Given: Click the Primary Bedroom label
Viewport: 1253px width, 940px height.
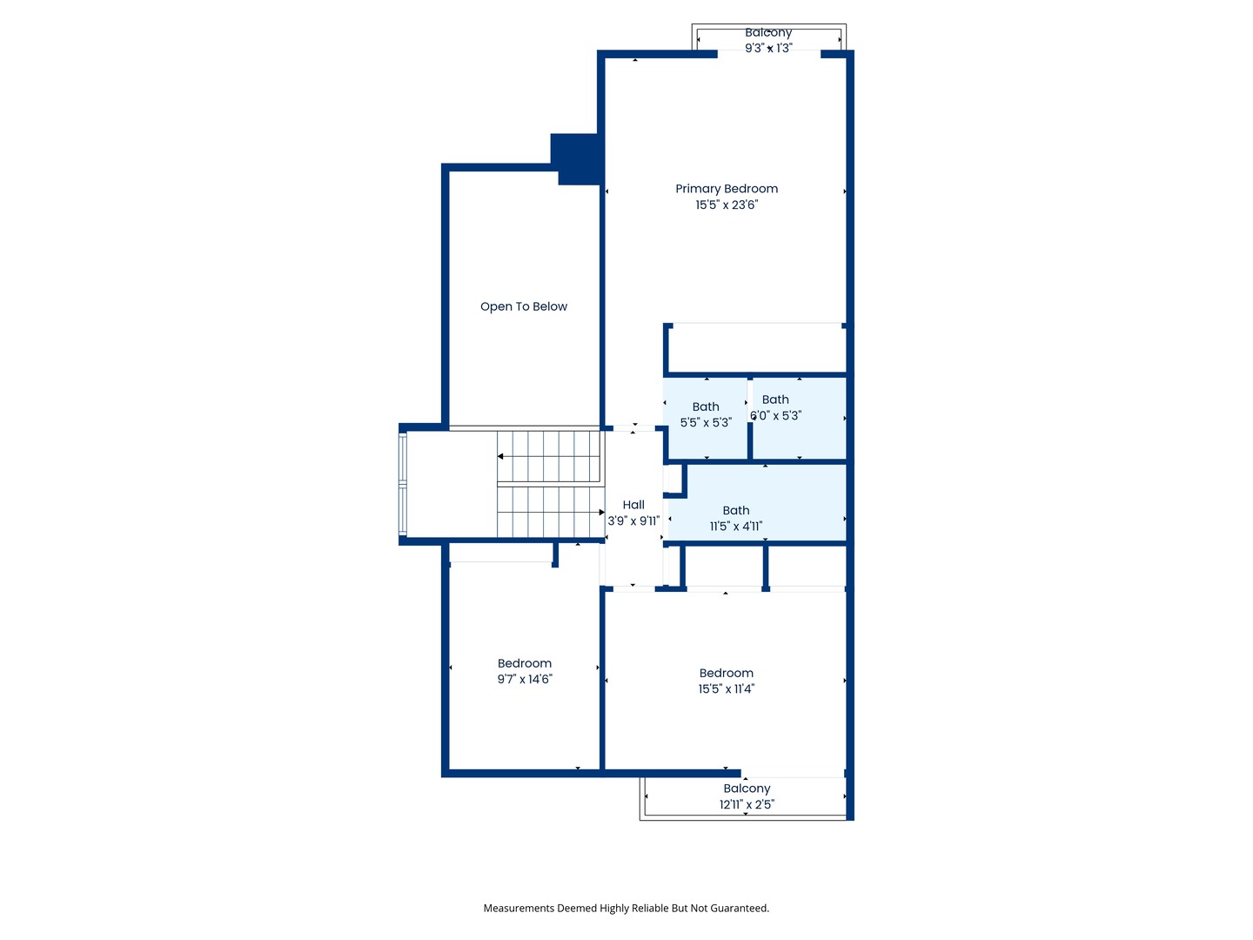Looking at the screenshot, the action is click(x=726, y=188).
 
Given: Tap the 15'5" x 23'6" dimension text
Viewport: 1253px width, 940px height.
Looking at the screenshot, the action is click(x=726, y=205).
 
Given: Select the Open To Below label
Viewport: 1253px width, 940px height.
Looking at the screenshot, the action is click(x=524, y=306).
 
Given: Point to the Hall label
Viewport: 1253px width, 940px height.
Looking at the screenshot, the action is click(x=633, y=505).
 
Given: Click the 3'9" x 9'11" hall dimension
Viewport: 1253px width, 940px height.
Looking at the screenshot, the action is click(x=633, y=520).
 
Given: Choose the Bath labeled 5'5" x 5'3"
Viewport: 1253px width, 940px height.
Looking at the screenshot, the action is click(x=706, y=406).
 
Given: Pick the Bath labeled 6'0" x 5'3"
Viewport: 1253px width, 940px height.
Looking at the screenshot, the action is click(x=775, y=399).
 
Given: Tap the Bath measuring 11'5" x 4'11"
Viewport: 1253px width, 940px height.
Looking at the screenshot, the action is click(x=736, y=510).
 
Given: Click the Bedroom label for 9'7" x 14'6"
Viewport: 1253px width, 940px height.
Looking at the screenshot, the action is click(x=524, y=663).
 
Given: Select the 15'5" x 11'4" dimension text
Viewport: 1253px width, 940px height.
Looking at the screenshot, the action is click(x=726, y=688).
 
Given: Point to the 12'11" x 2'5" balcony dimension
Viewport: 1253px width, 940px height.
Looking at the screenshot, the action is click(x=747, y=805).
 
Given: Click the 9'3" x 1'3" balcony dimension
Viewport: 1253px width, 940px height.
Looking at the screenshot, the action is click(x=768, y=48).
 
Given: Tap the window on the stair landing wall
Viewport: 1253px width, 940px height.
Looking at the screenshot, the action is click(x=403, y=484).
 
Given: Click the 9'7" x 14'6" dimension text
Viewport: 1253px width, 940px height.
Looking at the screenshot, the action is click(x=525, y=679).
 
